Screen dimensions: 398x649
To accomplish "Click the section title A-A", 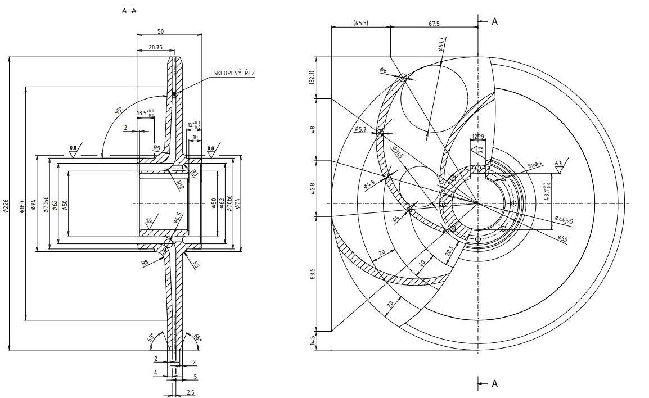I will (129, 11).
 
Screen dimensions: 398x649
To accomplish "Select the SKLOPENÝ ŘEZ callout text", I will (233, 73).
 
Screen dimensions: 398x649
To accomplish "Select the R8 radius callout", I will (145, 262).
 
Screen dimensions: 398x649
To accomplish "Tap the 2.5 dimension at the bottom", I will (191, 392).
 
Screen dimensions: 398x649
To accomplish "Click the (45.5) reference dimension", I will (360, 23).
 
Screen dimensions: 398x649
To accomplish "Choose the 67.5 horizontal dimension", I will (434, 23).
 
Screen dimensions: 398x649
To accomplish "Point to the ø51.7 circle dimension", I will (441, 44).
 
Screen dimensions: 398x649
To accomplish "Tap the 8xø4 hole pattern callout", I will (534, 164).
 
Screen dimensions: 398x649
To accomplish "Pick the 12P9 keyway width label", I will (478, 137).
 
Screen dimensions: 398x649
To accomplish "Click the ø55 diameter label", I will (562, 238).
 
